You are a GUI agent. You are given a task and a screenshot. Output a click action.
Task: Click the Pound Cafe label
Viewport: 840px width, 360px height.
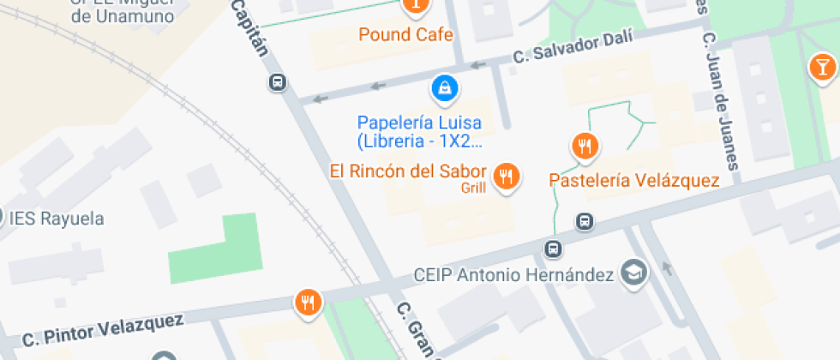click(x=405, y=35)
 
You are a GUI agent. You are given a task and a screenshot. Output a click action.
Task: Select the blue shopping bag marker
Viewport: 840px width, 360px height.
click(x=444, y=87)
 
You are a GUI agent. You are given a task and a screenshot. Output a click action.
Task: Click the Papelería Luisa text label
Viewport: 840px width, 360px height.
click(x=420, y=122)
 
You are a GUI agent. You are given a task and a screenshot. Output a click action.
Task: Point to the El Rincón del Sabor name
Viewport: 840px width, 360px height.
click(x=408, y=171)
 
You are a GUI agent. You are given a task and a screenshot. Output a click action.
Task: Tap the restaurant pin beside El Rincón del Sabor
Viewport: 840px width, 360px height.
click(x=507, y=176)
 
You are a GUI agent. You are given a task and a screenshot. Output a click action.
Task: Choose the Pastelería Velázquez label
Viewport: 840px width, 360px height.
click(x=634, y=180)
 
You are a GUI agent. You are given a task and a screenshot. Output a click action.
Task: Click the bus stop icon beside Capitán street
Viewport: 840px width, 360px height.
click(x=277, y=82)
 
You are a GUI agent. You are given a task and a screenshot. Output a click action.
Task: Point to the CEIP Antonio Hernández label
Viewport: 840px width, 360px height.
click(x=513, y=275)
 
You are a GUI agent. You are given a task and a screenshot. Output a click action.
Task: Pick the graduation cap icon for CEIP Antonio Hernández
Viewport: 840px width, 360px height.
click(x=635, y=273)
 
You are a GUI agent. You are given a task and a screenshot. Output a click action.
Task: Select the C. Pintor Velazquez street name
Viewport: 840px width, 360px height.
click(x=103, y=331)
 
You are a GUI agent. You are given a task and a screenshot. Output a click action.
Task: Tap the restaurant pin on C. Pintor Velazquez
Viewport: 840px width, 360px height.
click(x=308, y=301)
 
